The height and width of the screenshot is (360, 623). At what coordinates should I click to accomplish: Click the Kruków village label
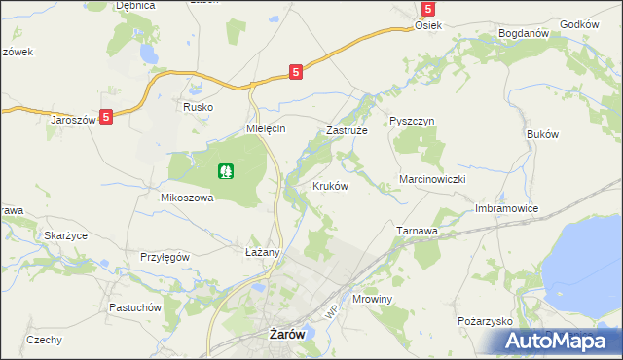[x=330, y=186]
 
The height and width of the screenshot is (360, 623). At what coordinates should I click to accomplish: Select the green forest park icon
[x=226, y=171]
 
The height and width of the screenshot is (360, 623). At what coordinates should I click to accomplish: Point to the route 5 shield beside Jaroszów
[x=106, y=116]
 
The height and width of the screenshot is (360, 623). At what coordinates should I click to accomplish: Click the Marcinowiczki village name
[x=434, y=180]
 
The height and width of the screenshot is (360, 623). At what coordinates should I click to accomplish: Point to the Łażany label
[x=263, y=252]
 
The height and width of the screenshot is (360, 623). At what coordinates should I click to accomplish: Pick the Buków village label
[x=541, y=133]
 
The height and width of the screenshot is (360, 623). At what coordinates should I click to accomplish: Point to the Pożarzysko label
[x=484, y=320]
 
